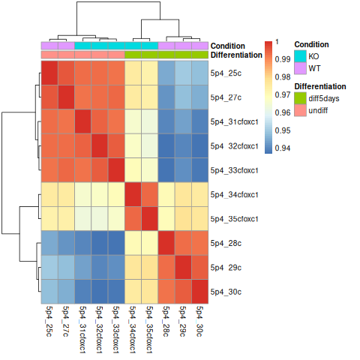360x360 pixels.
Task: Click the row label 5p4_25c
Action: point(226,73)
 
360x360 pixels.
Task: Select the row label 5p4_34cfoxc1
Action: point(235,194)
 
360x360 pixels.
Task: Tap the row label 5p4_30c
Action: point(226,292)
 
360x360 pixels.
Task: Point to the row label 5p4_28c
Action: point(226,243)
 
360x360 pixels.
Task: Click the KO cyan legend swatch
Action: point(299,55)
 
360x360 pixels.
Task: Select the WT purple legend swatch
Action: point(299,68)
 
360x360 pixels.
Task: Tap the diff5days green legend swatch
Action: point(299,98)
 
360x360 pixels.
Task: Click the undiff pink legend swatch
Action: point(299,111)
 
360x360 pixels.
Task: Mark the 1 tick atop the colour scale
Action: point(278,41)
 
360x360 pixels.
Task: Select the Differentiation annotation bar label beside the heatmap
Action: point(236,55)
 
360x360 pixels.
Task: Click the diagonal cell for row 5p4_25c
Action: point(49,73)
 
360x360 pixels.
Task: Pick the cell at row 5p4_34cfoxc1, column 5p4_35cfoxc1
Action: point(149,194)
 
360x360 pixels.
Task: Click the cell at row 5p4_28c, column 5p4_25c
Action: point(49,243)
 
